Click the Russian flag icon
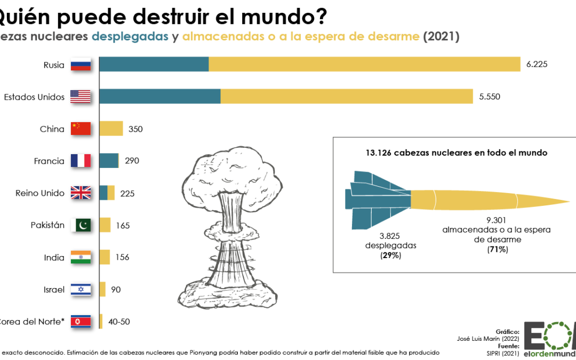pyautogui.click(x=81, y=65)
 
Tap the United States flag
pyautogui.click(x=81, y=97)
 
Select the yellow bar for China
pyautogui.click(x=111, y=129)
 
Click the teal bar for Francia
pyautogui.click(x=109, y=161)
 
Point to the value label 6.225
pyautogui.click(x=537, y=65)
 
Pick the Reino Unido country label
pyautogui.click(x=40, y=193)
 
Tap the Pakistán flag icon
pyautogui.click(x=81, y=225)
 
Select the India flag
pyautogui.click(x=81, y=257)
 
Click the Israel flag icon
pyautogui.click(x=81, y=290)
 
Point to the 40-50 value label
pyautogui.click(x=119, y=322)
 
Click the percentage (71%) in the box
pyautogui.click(x=497, y=249)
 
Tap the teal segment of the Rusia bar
pyautogui.click(x=154, y=65)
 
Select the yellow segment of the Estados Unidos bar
pyautogui.click(x=347, y=97)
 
